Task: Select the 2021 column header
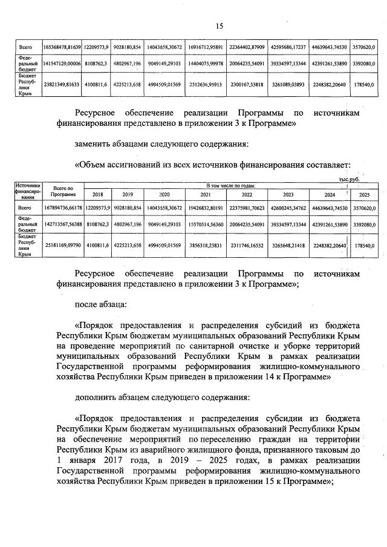(x=205, y=194)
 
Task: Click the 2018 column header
(x=97, y=194)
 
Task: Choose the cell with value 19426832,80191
(x=205, y=208)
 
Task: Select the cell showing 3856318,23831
(x=205, y=245)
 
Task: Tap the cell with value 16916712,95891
(x=205, y=47)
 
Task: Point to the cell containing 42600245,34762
(x=288, y=208)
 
